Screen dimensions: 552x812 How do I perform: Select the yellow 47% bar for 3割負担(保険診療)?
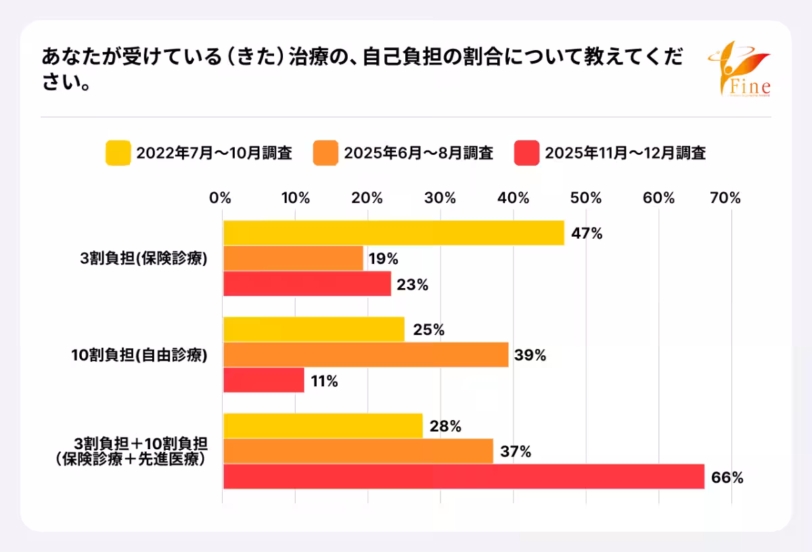tap(393, 233)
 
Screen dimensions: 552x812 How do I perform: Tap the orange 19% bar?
tap(293, 258)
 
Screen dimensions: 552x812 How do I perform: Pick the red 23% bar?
tap(307, 283)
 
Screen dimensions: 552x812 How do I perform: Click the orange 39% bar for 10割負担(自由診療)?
tap(365, 354)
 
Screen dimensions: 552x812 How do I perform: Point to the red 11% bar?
tap(263, 380)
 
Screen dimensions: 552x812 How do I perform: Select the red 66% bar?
tap(464, 477)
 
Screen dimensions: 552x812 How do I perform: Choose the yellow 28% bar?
tap(323, 426)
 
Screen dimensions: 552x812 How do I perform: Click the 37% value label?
tap(516, 452)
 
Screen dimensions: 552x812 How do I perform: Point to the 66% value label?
tap(727, 478)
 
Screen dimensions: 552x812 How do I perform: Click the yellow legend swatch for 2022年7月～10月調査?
tap(118, 153)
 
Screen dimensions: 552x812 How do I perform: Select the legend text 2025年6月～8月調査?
tap(418, 154)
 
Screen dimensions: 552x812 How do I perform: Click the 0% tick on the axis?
tap(221, 198)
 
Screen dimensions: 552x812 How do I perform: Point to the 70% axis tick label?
tap(726, 198)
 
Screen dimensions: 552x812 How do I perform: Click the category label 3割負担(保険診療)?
tap(142, 258)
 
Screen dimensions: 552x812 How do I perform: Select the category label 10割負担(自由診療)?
tap(139, 354)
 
